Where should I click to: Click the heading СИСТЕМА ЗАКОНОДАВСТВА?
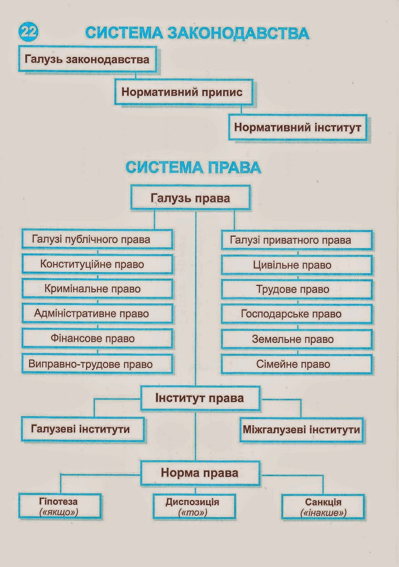[x=197, y=33]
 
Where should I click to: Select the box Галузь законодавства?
[x=87, y=59]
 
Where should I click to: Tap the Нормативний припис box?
[x=182, y=92]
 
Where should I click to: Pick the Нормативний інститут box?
[x=297, y=127]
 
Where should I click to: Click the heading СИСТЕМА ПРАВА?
[x=193, y=167]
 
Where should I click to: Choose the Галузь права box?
[x=190, y=198]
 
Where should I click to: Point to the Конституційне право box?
[x=92, y=264]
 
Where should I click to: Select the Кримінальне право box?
[x=92, y=289]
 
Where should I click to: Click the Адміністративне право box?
[x=92, y=314]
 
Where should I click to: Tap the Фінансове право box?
[x=92, y=338]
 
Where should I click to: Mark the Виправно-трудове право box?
[x=92, y=364]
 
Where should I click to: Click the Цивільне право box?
[x=292, y=265]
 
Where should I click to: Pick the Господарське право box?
[x=292, y=314]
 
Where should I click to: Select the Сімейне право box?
[x=292, y=364]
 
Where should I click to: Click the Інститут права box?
[x=200, y=398]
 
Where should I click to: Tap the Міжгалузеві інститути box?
[x=301, y=430]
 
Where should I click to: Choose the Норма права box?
[x=200, y=473]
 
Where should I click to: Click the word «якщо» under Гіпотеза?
[x=59, y=512]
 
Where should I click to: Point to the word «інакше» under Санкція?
[x=323, y=512]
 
